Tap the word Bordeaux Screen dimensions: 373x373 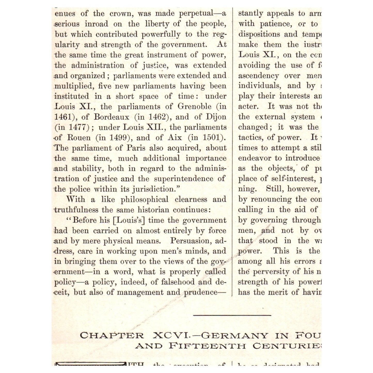coord(111,117)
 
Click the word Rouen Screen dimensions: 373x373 coord(79,138)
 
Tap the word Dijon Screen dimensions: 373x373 coord(216,117)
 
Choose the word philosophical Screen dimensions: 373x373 coord(144,200)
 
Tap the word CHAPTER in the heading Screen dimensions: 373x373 coord(112,336)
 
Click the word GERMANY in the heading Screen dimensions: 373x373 coord(234,336)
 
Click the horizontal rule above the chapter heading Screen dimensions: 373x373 coord(232,315)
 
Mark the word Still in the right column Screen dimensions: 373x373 coord(274,189)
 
